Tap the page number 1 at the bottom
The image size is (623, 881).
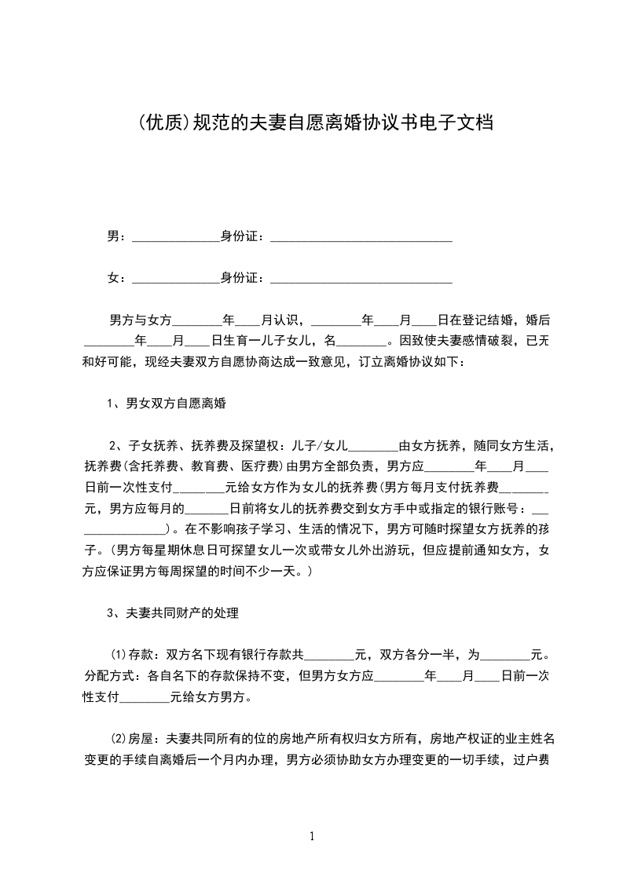click(x=312, y=836)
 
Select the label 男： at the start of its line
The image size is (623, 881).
click(x=115, y=236)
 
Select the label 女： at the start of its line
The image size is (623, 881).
click(x=115, y=278)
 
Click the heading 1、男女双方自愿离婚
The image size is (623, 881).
click(x=167, y=405)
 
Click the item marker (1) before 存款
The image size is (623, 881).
click(x=118, y=654)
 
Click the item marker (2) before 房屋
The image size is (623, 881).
click(x=118, y=739)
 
